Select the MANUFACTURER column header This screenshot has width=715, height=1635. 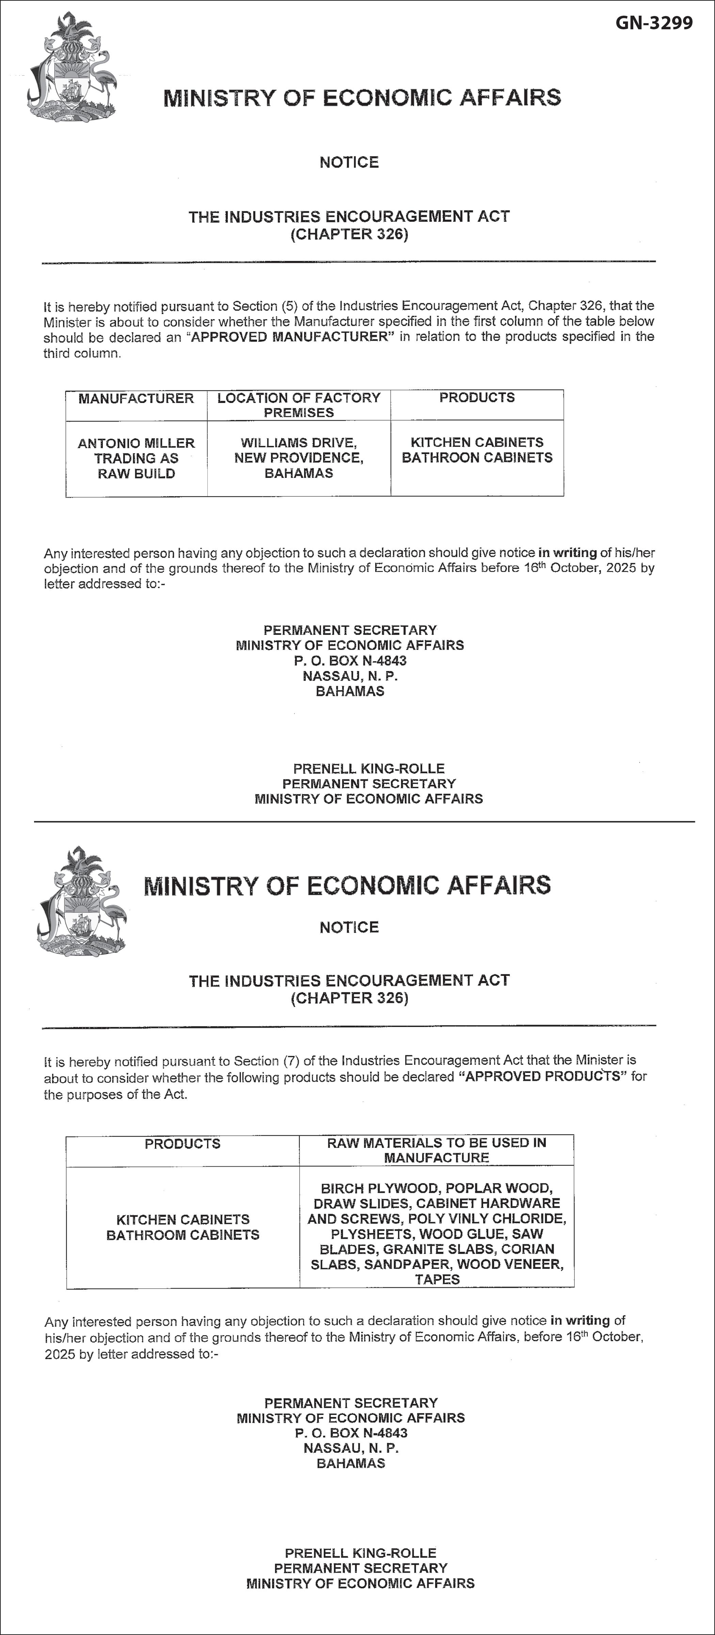pos(136,399)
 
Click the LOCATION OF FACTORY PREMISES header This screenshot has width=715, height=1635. pos(299,405)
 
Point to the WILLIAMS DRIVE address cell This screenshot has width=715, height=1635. pos(299,457)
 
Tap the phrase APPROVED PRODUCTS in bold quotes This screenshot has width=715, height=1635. pos(542,1076)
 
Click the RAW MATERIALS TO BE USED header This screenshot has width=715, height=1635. pos(436,1150)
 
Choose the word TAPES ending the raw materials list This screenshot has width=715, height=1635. pos(437,1280)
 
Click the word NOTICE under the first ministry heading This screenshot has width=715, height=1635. pos(349,162)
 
